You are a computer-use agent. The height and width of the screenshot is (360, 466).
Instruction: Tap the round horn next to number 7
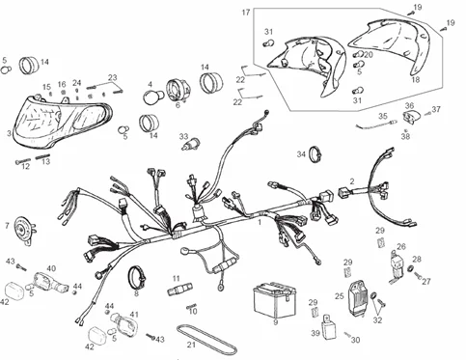click(21, 232)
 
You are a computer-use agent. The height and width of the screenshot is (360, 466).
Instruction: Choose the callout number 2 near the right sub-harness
click(352, 180)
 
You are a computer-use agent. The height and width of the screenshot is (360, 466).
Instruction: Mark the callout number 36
click(409, 106)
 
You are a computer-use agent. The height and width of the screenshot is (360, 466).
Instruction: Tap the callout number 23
click(112, 77)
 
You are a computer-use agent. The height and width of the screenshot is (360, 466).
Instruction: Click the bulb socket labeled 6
click(178, 92)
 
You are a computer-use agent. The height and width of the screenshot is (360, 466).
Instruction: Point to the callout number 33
click(182, 138)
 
